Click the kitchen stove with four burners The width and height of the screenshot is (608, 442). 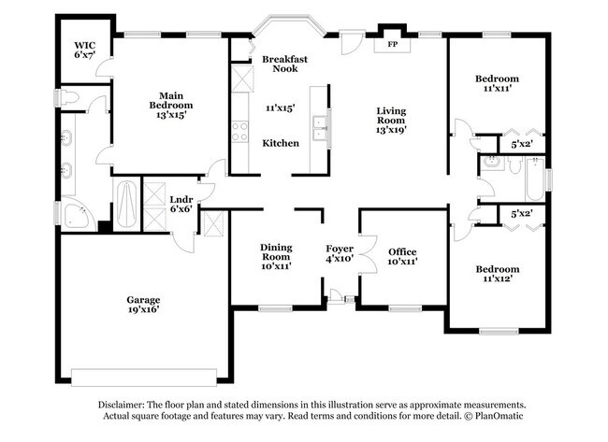(x=239, y=131)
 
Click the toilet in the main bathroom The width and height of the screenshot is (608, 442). (x=69, y=96)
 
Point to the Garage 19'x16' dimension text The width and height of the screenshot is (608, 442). (x=143, y=310)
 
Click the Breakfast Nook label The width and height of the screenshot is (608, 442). (x=284, y=64)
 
